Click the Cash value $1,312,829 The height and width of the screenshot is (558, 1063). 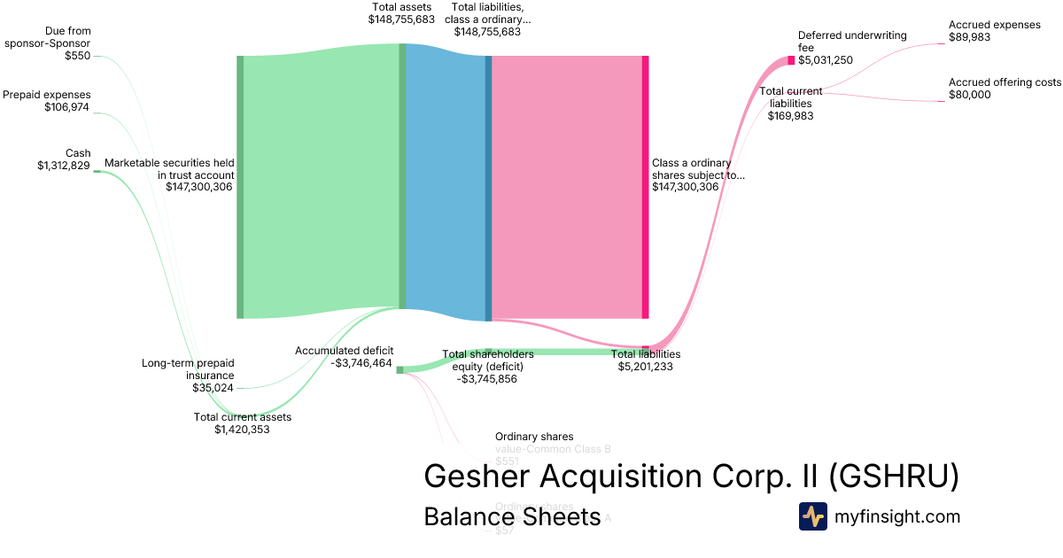[x=64, y=166]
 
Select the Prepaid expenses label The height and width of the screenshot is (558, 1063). [x=47, y=95]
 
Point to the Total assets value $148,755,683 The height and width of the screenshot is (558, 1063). [x=401, y=19]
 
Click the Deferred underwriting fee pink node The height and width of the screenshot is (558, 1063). [x=791, y=60]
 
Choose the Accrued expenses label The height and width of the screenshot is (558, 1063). [x=995, y=25]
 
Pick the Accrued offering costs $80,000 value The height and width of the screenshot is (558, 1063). [x=970, y=95]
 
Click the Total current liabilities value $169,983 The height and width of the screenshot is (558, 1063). [x=791, y=115]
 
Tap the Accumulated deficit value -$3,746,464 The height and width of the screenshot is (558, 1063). [x=361, y=362]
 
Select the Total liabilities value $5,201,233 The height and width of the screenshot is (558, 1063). [x=646, y=366]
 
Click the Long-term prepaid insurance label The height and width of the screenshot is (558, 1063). [x=188, y=369]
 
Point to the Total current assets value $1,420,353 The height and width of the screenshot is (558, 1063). [x=242, y=430]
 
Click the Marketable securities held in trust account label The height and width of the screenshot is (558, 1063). [x=169, y=169]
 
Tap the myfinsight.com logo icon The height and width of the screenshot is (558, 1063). [x=812, y=516]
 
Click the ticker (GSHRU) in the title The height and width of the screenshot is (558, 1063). [x=894, y=477]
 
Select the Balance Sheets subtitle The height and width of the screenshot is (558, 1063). [x=512, y=516]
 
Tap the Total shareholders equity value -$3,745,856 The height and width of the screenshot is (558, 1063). [x=486, y=378]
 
